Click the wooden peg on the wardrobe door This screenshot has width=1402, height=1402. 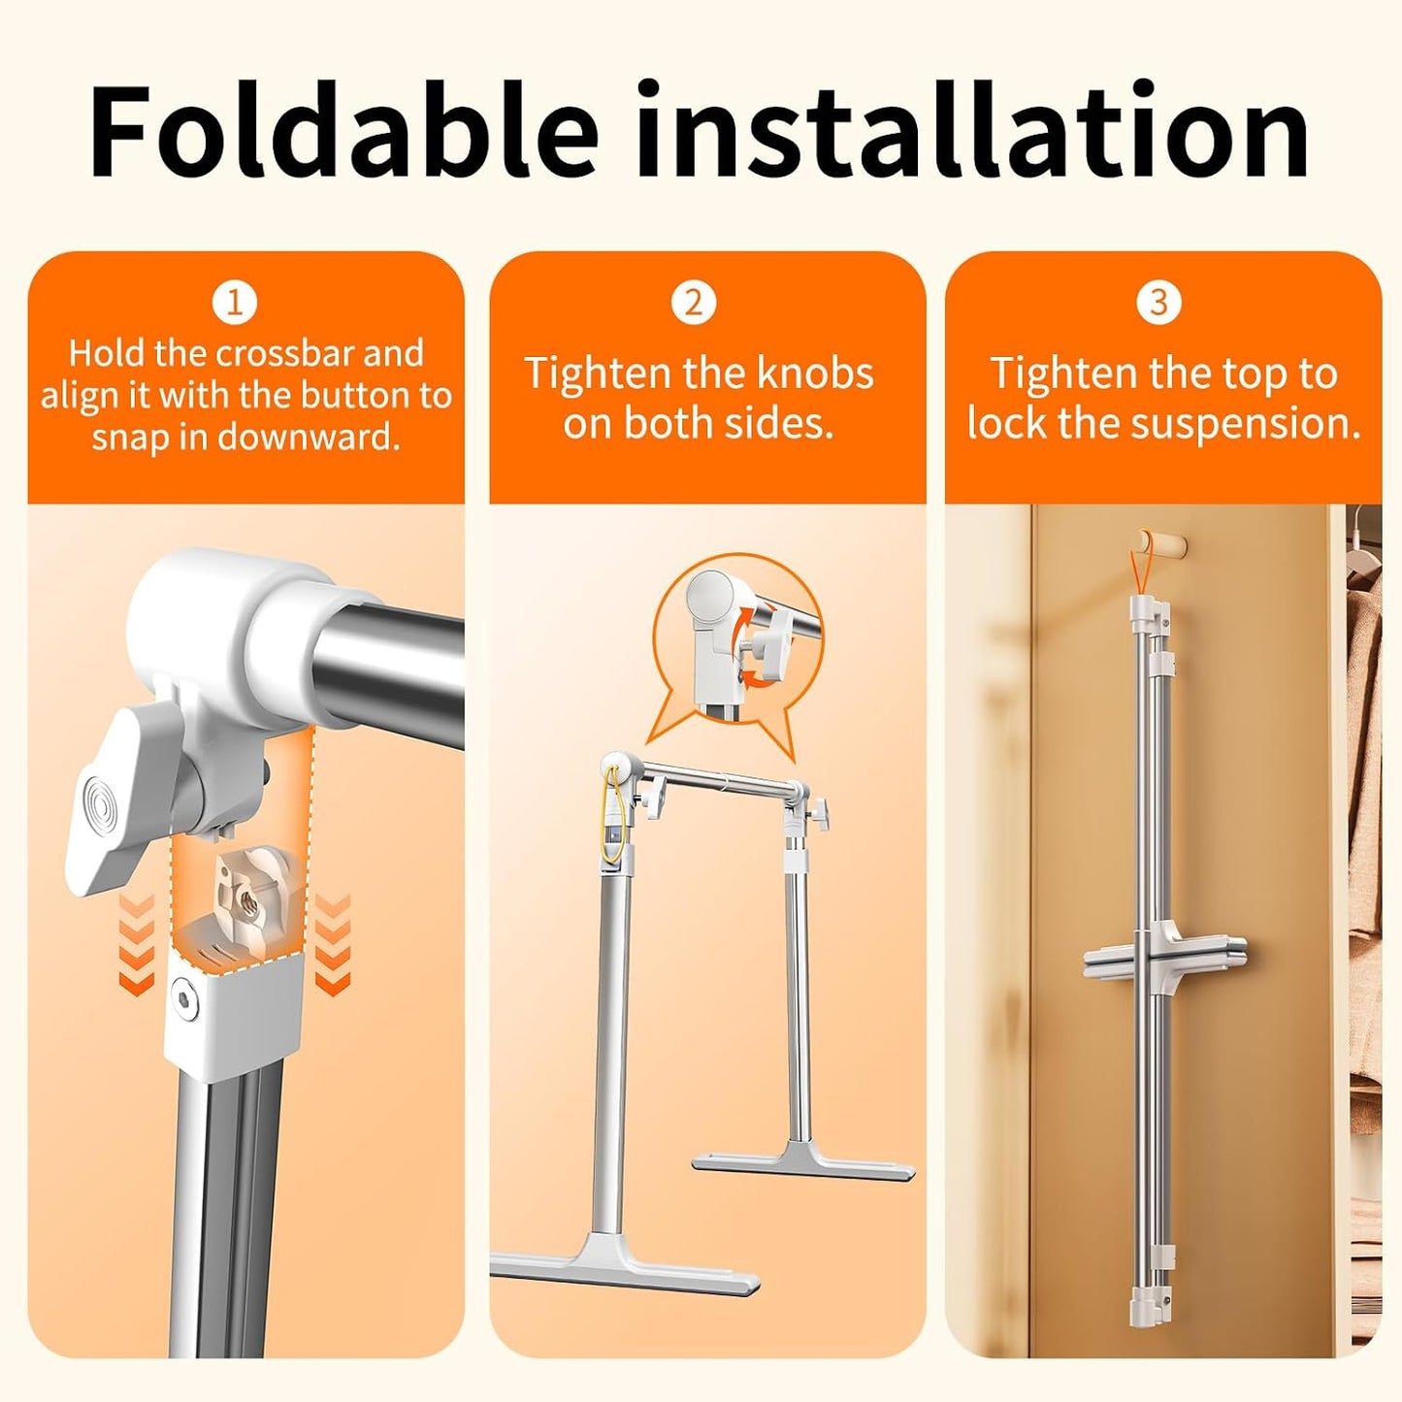tap(1161, 542)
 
